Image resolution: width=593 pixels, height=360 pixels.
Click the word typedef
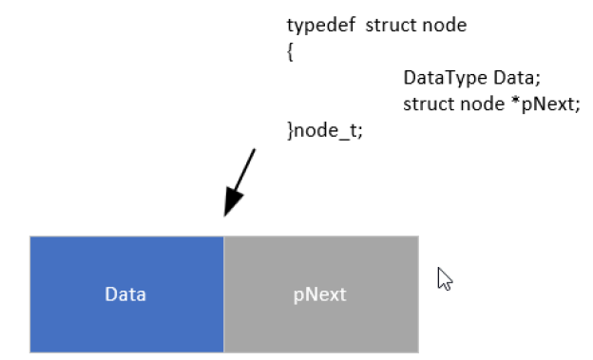coord(320,26)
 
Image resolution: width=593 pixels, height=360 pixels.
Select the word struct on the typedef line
coord(392,25)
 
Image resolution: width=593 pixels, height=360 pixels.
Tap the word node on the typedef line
coord(445,25)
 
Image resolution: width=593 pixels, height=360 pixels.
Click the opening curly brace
coord(290,51)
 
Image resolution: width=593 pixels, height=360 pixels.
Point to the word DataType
coord(445,78)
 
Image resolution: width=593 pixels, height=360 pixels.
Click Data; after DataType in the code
coord(517,78)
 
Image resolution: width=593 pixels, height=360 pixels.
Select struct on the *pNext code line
coord(430,104)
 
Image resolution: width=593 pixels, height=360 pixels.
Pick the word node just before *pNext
coord(482,104)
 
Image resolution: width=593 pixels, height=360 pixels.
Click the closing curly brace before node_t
coord(290,130)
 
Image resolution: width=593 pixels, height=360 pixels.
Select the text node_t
coord(325,131)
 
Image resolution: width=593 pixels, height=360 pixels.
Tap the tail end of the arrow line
coord(255,149)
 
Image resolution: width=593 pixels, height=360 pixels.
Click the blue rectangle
coord(126,294)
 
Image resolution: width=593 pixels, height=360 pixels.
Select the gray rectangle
coord(321,294)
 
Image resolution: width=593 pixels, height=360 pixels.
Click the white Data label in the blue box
coord(125,294)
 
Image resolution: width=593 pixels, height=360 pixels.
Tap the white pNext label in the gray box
coord(319,295)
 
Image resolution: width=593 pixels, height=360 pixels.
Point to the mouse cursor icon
coord(445,278)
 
